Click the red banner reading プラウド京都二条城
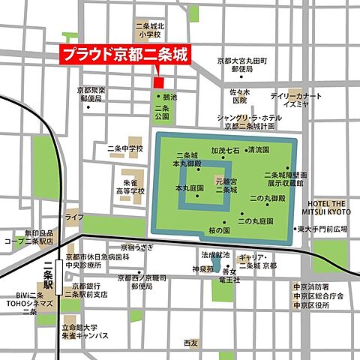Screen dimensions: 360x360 point(124,55)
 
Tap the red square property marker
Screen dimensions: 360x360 point(157,82)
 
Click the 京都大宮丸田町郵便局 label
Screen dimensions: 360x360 point(243,64)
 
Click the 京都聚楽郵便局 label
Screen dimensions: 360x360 point(92,94)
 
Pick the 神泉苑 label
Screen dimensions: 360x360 point(202,268)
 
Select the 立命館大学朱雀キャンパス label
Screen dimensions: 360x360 point(91,330)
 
